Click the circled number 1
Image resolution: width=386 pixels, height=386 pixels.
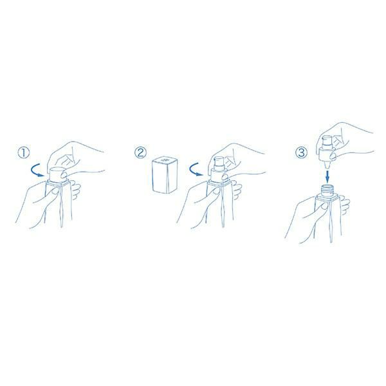click(24, 152)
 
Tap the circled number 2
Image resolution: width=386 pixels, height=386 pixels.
click(140, 152)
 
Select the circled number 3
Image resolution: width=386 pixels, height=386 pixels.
click(301, 152)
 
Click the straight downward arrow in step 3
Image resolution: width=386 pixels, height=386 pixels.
click(327, 175)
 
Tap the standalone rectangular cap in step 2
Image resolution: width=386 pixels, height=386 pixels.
click(165, 174)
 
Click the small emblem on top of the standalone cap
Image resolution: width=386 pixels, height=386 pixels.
click(165, 160)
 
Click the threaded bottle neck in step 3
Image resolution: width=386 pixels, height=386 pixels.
click(327, 190)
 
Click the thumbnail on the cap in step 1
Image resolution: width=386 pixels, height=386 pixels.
click(64, 176)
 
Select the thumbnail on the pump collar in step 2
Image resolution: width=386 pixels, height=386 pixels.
click(225, 177)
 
